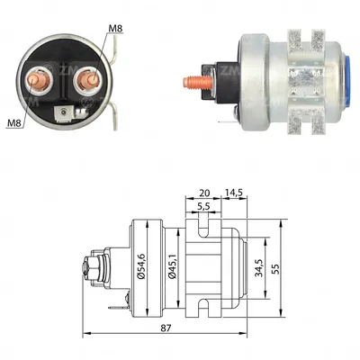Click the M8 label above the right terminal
point(115,29)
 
